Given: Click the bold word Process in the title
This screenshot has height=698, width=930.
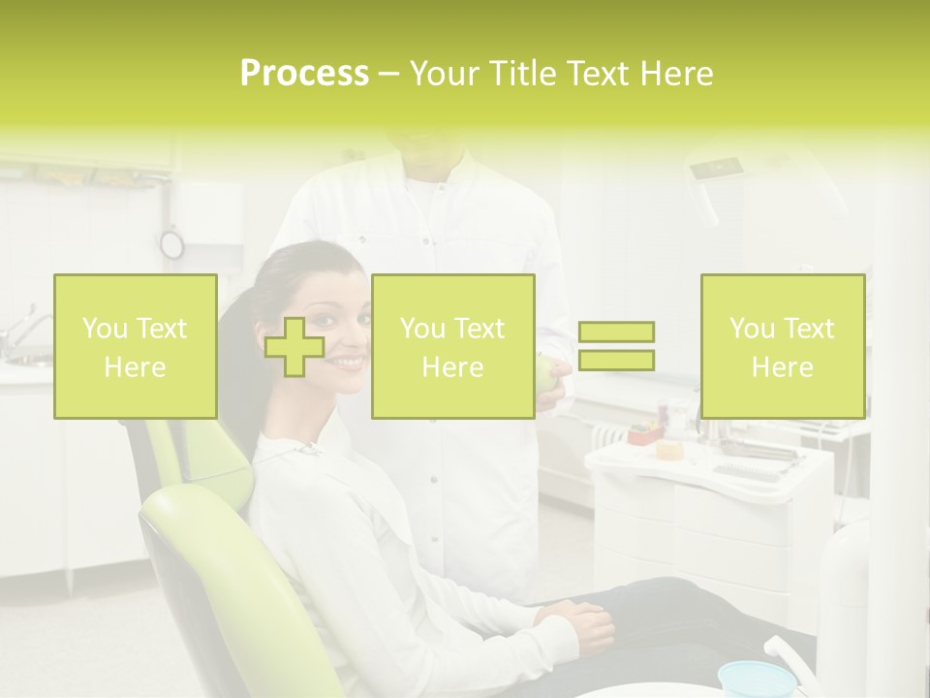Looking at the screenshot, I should point(304,74).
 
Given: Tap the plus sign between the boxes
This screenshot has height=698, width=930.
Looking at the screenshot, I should point(294,346).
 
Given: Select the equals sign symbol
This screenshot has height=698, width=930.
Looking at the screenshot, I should point(616,346).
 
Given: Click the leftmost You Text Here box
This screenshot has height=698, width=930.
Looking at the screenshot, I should point(136,347).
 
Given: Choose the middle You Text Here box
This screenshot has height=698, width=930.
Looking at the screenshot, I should point(452,347).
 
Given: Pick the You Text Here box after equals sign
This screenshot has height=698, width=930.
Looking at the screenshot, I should point(782,347).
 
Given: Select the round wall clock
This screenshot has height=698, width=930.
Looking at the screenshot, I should point(171,243).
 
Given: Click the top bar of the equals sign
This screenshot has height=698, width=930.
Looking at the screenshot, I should point(616,333).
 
